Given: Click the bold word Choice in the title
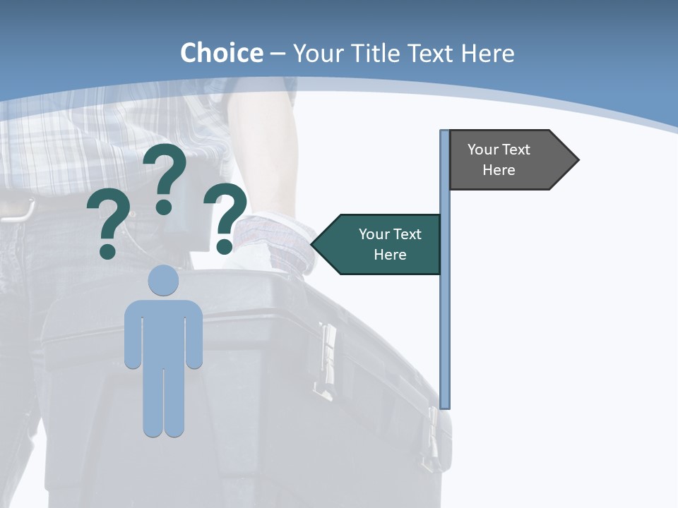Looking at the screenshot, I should [x=221, y=53].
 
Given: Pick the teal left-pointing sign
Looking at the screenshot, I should [x=381, y=244].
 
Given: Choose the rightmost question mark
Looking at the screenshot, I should [x=225, y=215].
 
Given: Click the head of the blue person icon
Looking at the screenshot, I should [x=163, y=280].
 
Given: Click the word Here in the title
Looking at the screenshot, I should [x=487, y=53].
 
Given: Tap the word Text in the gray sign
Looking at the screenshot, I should [x=516, y=150].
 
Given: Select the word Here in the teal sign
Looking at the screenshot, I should [x=390, y=255].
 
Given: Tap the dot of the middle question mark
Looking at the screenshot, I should [x=164, y=207].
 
